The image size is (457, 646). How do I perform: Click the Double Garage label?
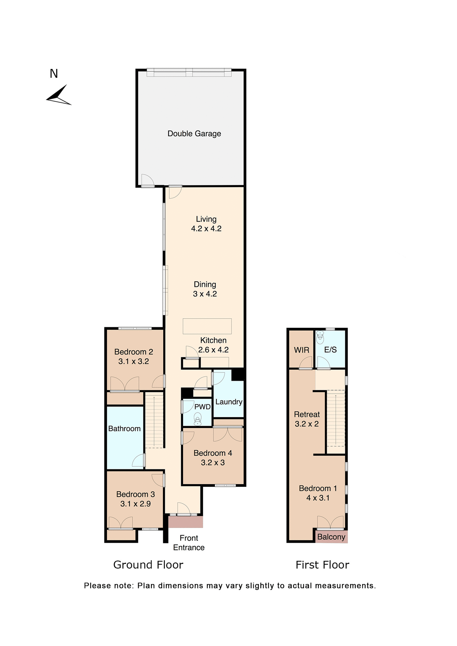(x=194, y=134)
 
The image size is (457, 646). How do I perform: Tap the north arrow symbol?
(x=59, y=96)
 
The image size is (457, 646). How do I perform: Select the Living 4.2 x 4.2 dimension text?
(x=206, y=229)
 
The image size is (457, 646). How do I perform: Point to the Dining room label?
(x=205, y=285)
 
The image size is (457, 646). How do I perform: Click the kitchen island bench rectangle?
(x=207, y=326)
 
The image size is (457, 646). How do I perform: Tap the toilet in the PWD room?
(x=198, y=419)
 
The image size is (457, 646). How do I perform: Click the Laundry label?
(x=229, y=402)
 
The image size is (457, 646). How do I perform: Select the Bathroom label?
(x=124, y=429)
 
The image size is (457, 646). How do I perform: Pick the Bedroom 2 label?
(x=134, y=352)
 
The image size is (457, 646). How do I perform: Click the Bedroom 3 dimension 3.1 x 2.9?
(x=135, y=504)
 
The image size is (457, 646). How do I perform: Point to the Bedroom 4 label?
(x=213, y=453)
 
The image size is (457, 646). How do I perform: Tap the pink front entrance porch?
(x=185, y=522)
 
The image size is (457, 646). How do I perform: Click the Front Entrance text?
(x=189, y=543)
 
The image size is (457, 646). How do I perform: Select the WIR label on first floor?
(x=302, y=350)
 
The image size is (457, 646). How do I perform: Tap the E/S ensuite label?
(x=330, y=350)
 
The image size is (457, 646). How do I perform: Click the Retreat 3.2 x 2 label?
(x=307, y=419)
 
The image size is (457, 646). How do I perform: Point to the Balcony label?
(x=331, y=537)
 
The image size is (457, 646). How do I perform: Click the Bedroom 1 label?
(x=318, y=489)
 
